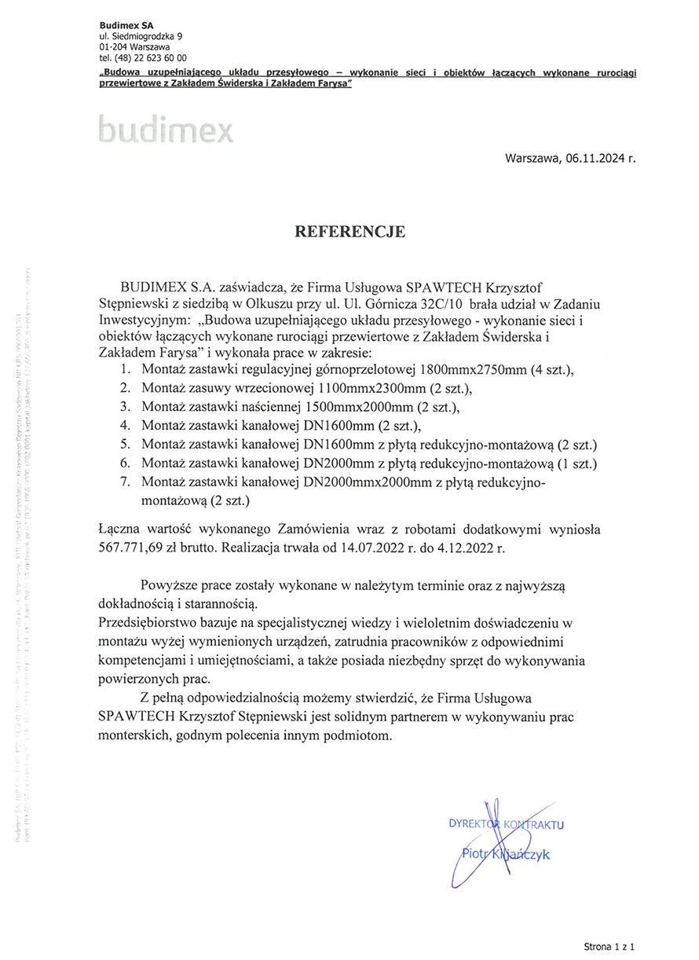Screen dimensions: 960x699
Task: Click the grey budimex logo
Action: tap(167, 130)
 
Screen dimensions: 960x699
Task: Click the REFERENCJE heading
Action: tap(349, 232)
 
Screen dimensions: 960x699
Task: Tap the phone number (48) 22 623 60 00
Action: tap(152, 58)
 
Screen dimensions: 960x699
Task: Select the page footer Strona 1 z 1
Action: tap(608, 947)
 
